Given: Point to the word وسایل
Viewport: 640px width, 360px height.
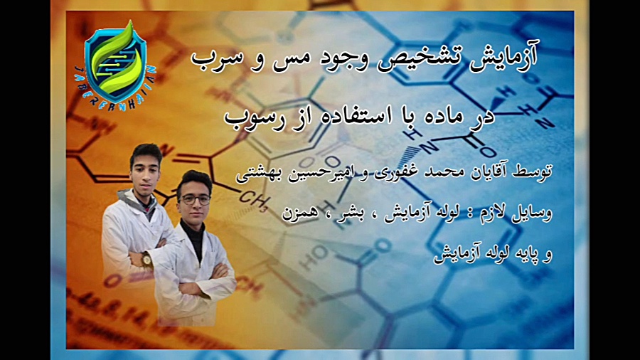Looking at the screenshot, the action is pyautogui.click(x=531, y=213).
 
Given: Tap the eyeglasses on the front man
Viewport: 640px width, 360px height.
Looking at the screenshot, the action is pyautogui.click(x=195, y=200).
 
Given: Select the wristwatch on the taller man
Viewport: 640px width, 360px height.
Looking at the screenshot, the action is pyautogui.click(x=145, y=259).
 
